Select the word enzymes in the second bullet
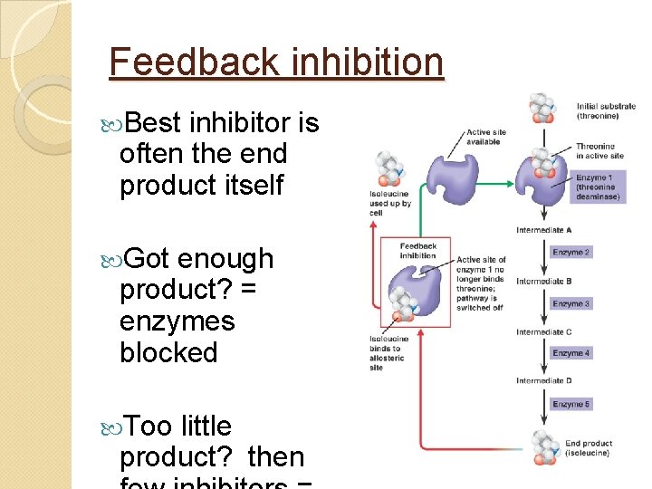(x=177, y=321)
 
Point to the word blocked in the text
(x=168, y=352)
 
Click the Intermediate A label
(x=543, y=230)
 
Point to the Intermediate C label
(x=543, y=331)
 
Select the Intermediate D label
(x=543, y=380)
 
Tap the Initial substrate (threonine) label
(x=606, y=110)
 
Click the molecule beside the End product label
(x=543, y=447)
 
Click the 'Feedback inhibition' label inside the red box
(x=417, y=251)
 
